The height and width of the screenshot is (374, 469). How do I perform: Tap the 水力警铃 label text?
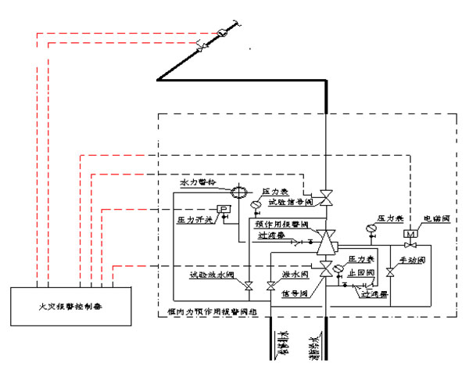[196, 182]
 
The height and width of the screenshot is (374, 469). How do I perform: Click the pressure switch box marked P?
[224, 209]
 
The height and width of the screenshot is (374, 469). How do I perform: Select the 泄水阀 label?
[290, 275]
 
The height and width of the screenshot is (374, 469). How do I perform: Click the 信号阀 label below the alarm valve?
[295, 294]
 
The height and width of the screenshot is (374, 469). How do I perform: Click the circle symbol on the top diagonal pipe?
[223, 31]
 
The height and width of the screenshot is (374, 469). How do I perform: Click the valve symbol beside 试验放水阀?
[249, 286]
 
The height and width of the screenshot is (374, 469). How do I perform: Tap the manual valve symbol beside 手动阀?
[390, 271]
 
